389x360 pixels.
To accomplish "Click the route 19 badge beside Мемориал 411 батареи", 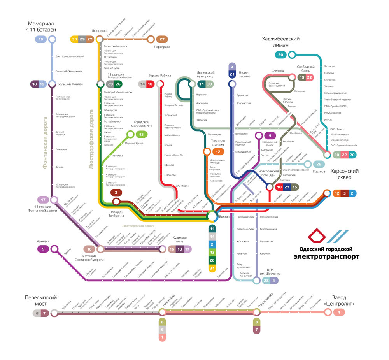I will (40, 39).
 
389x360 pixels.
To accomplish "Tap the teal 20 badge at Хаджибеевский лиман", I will (280, 55).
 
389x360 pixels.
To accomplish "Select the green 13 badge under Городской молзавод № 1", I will (142, 134).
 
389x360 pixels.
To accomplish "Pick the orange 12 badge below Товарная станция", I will (218, 152).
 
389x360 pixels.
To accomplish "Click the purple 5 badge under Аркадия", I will (43, 249).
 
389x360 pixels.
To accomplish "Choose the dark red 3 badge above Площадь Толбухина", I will (116, 192).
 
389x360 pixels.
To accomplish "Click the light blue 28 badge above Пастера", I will (319, 164).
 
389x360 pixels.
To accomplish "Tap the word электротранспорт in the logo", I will (326, 257).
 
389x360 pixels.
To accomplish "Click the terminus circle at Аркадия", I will (54, 249).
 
